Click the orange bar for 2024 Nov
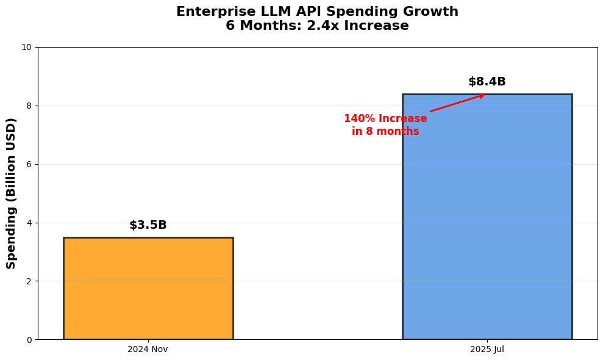pyautogui.click(x=148, y=288)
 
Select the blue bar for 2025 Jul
pyautogui.click(x=487, y=217)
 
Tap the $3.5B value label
pyautogui.click(x=148, y=225)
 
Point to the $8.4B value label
pyautogui.click(x=487, y=82)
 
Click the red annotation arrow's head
pyautogui.click(x=482, y=95)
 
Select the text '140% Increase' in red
pyautogui.click(x=385, y=118)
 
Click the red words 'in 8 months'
pyautogui.click(x=385, y=131)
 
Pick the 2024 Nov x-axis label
pyautogui.click(x=148, y=349)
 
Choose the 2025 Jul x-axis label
pyautogui.click(x=487, y=349)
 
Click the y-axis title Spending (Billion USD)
pyautogui.click(x=12, y=193)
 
